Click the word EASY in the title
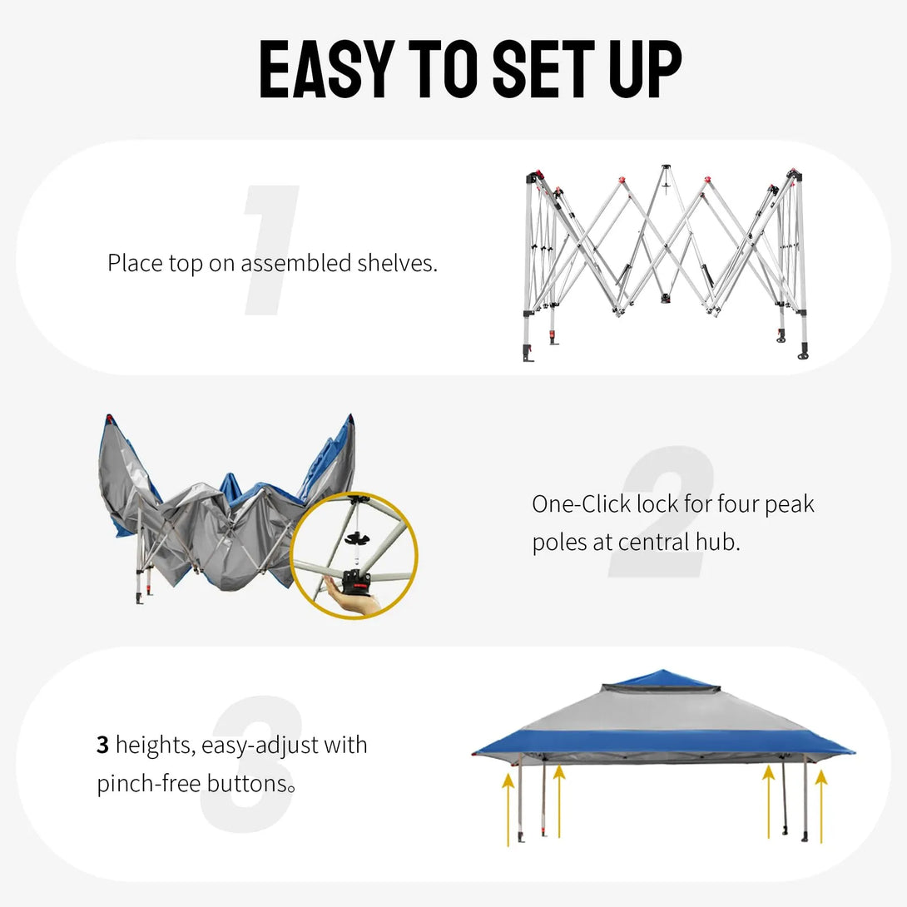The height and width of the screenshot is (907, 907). pyautogui.click(x=325, y=69)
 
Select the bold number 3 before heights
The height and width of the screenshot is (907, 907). pyautogui.click(x=102, y=745)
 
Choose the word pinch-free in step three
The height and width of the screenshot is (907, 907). pyautogui.click(x=146, y=784)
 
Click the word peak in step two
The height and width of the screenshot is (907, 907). pyautogui.click(x=790, y=504)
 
